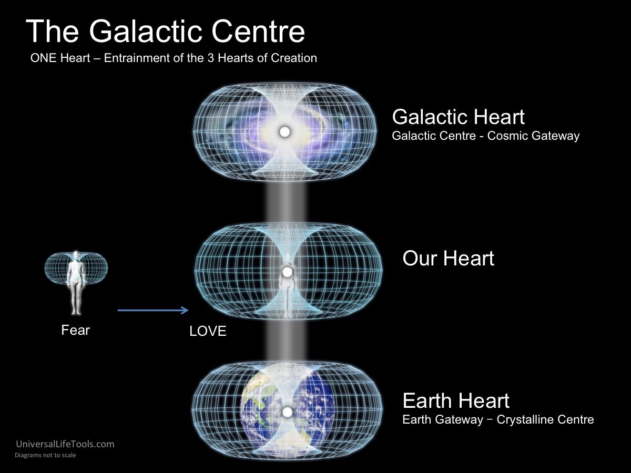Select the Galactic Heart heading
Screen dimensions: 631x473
(x=458, y=117)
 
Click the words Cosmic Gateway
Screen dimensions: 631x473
(x=533, y=136)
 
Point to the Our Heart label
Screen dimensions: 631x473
(x=448, y=258)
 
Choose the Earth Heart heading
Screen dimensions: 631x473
(x=456, y=400)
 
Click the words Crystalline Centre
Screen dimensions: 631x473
(x=545, y=419)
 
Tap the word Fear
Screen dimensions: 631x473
(x=75, y=330)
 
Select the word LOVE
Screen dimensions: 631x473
(x=208, y=331)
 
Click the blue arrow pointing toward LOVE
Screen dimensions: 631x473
(x=153, y=310)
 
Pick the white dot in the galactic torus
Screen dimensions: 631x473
(x=284, y=132)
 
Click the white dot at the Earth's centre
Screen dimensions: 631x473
(x=287, y=413)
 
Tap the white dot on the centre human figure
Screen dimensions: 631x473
(x=287, y=272)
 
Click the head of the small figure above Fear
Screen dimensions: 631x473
(x=76, y=255)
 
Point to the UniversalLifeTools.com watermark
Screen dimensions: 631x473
(x=65, y=444)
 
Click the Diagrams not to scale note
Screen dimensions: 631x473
(x=45, y=455)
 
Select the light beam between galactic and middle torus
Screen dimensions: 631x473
(x=286, y=202)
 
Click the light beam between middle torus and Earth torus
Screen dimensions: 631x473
(x=286, y=341)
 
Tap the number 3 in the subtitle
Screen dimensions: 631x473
(x=211, y=58)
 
